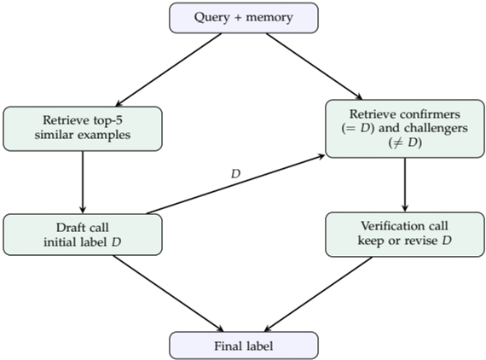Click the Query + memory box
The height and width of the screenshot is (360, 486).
243,18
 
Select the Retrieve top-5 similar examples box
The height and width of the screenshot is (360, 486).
82,129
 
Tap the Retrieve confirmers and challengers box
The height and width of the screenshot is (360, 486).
404,129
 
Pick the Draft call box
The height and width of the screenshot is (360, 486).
82,234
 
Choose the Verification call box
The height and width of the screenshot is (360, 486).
404,234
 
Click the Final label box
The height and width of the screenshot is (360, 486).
243,345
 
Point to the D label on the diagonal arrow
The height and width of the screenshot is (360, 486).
236,173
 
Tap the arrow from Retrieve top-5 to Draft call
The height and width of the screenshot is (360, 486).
82,182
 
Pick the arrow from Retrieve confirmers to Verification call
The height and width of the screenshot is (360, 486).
404,184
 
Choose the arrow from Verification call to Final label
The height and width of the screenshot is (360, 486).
320,291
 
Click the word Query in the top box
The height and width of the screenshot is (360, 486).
213,18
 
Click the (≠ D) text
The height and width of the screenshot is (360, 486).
404,142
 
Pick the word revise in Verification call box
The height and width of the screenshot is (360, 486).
429,241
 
